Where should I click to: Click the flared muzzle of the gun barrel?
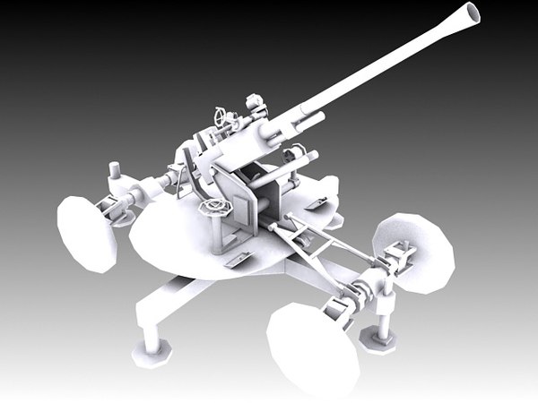tap(468, 14)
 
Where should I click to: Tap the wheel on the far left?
tap(87, 233)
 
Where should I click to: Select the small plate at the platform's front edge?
tap(239, 259)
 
